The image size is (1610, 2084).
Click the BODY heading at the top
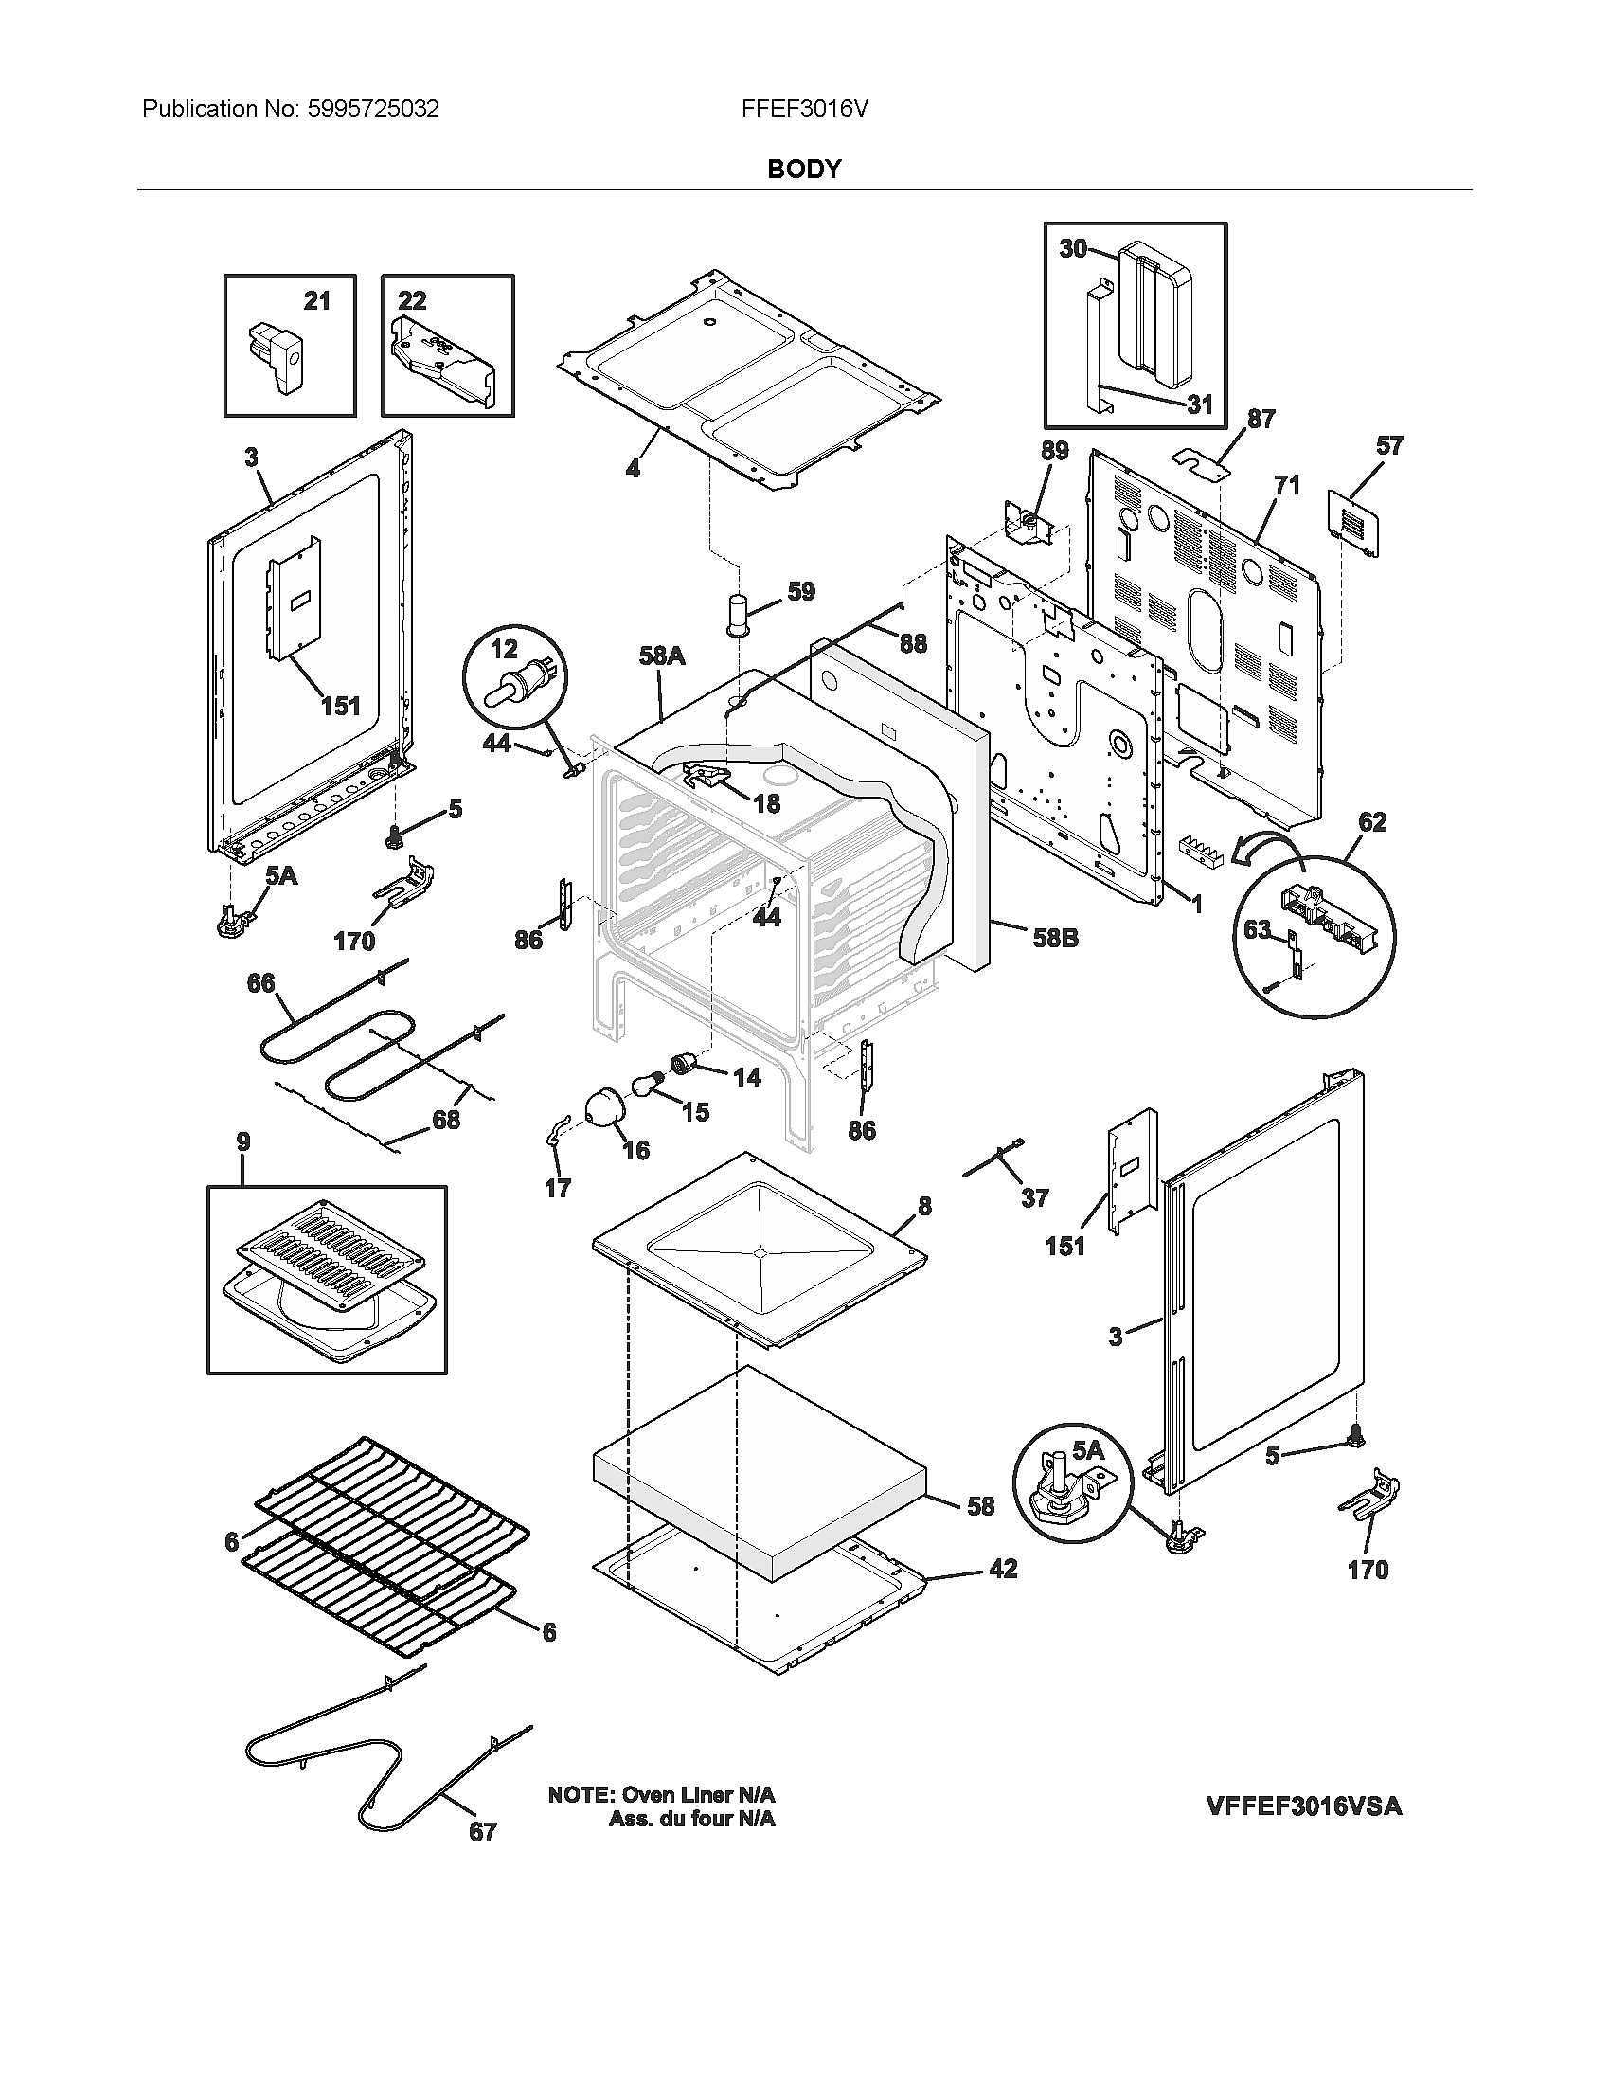(803, 169)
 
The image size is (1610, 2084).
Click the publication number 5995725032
(373, 109)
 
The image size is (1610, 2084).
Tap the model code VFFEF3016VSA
(1303, 1806)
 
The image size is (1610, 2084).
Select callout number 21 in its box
(316, 301)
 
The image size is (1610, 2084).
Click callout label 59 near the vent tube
(801, 592)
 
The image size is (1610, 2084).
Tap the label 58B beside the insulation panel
(1055, 938)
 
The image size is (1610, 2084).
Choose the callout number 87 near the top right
(1261, 419)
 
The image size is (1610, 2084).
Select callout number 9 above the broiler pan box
(243, 1141)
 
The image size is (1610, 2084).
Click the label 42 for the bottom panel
(1003, 1569)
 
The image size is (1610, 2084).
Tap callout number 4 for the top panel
(632, 469)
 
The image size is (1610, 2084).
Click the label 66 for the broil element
(260, 983)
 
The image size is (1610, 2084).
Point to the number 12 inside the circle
(503, 649)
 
